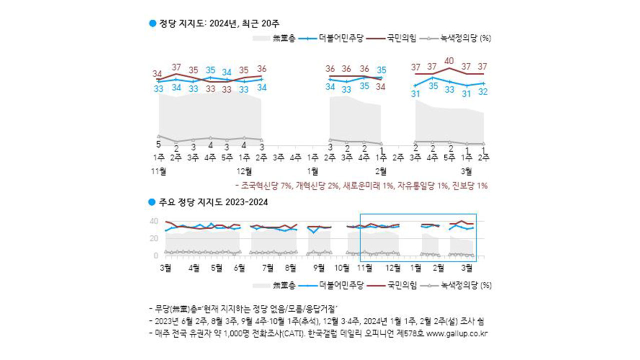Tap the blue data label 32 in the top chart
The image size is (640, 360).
click(x=483, y=92)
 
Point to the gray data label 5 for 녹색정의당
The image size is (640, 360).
click(x=158, y=144)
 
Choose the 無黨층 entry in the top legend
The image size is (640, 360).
click(x=283, y=38)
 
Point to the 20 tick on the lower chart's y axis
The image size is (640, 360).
click(x=154, y=238)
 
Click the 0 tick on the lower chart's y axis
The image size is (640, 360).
click(x=156, y=256)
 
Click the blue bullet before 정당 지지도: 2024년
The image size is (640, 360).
click(x=153, y=23)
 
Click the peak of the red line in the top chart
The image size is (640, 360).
click(x=449, y=68)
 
